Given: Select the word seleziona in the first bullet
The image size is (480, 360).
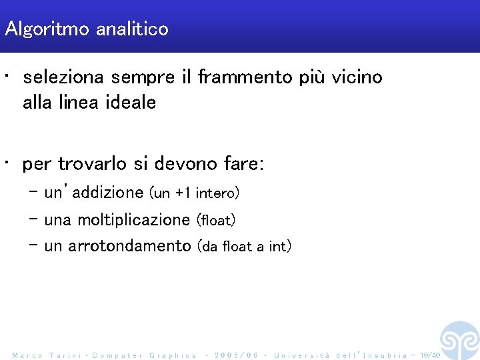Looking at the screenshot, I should pyautogui.click(x=63, y=78).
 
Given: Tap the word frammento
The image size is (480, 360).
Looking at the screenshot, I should pyautogui.click(x=245, y=78).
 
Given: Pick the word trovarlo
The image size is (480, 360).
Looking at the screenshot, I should pyautogui.click(x=88, y=164).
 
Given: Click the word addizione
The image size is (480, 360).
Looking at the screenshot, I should pyautogui.click(x=109, y=193).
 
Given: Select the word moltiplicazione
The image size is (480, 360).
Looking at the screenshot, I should pyautogui.click(x=134, y=220).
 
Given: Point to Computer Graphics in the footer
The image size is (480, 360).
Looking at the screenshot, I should pyautogui.click(x=145, y=355).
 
